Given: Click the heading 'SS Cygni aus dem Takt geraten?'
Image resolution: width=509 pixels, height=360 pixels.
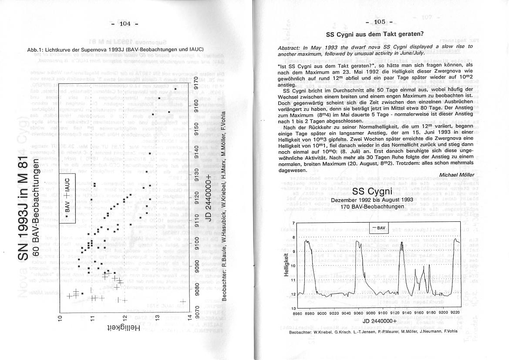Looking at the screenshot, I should pyautogui.click(x=375, y=34).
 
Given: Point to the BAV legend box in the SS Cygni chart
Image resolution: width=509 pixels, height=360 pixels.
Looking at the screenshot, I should pyautogui.click(x=379, y=228).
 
